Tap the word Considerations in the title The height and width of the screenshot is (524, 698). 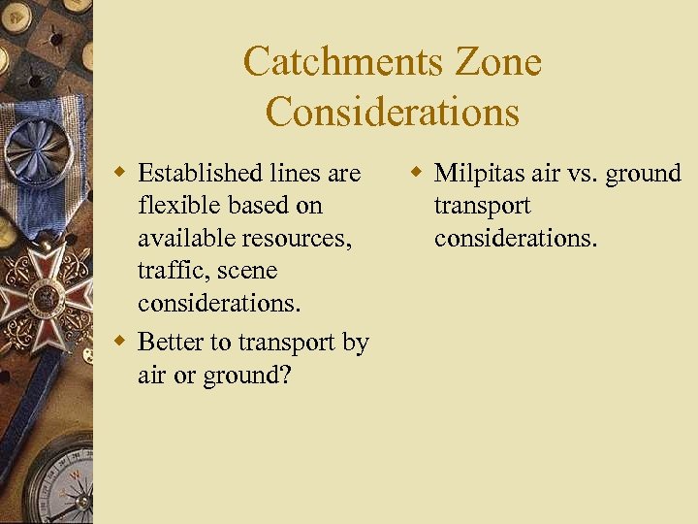click(x=393, y=112)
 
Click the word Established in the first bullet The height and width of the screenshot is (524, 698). click(x=200, y=174)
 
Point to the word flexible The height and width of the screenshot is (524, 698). click(x=175, y=206)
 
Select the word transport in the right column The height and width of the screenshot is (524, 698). click(x=482, y=206)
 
